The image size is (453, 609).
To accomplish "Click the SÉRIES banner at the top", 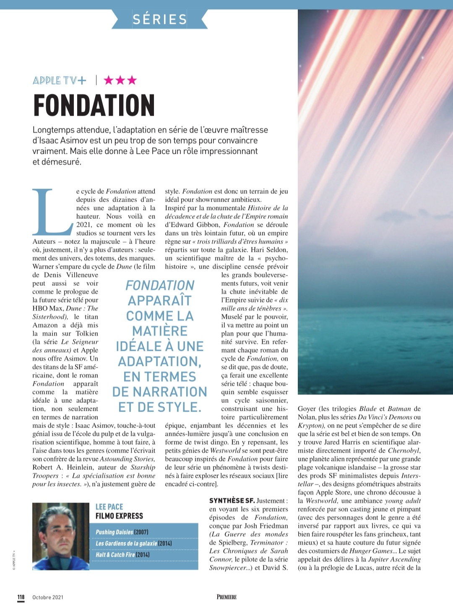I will [160, 19].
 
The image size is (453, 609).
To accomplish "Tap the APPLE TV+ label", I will [60, 80].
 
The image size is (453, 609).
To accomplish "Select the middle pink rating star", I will [120, 80].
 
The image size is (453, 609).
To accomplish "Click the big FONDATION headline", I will [94, 105].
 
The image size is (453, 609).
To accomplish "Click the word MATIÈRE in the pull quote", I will [160, 331].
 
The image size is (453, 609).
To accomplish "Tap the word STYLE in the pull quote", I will [182, 407].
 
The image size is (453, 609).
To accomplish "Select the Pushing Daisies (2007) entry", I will [122, 532].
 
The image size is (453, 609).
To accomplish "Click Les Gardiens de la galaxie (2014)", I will [134, 543].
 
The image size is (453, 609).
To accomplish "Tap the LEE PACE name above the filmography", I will [109, 507].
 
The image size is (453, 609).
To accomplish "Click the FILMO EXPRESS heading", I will [119, 516].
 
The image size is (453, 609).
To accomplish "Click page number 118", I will [21, 597].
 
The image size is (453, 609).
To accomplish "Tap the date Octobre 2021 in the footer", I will [48, 597].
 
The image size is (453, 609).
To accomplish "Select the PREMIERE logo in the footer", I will [226, 597].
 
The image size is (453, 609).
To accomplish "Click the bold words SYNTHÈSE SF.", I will [232, 500].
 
